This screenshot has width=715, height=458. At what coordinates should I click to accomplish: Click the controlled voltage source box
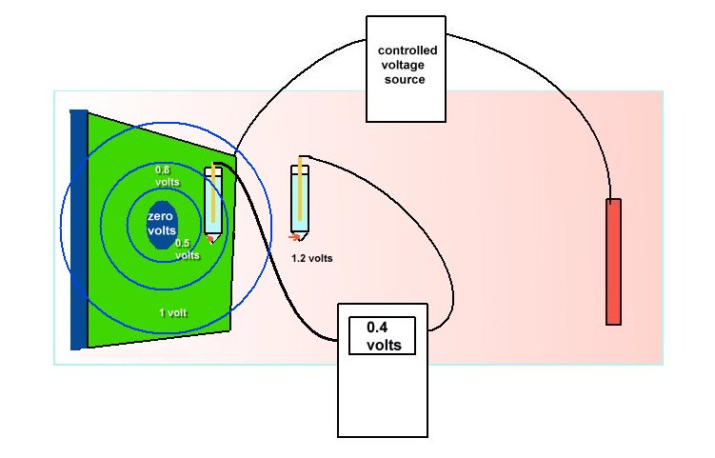(x=407, y=69)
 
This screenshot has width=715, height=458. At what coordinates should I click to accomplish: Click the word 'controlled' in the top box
(x=407, y=50)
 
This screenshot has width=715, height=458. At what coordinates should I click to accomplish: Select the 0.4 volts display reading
(x=382, y=335)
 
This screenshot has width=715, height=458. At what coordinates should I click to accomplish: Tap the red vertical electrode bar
(x=614, y=261)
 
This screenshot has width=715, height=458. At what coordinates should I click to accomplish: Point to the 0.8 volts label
(x=169, y=175)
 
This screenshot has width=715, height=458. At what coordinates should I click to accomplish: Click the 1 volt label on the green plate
(x=174, y=311)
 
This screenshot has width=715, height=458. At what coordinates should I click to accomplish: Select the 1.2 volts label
(x=312, y=258)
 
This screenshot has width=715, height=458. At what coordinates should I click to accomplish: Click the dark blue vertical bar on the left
(x=78, y=229)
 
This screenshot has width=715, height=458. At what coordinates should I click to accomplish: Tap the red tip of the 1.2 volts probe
(x=295, y=235)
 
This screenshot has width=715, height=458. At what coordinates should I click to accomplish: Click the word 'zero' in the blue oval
(x=159, y=217)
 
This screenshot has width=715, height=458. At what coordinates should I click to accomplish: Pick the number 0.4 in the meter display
(x=377, y=327)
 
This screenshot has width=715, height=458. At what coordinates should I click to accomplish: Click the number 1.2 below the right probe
(x=300, y=258)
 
